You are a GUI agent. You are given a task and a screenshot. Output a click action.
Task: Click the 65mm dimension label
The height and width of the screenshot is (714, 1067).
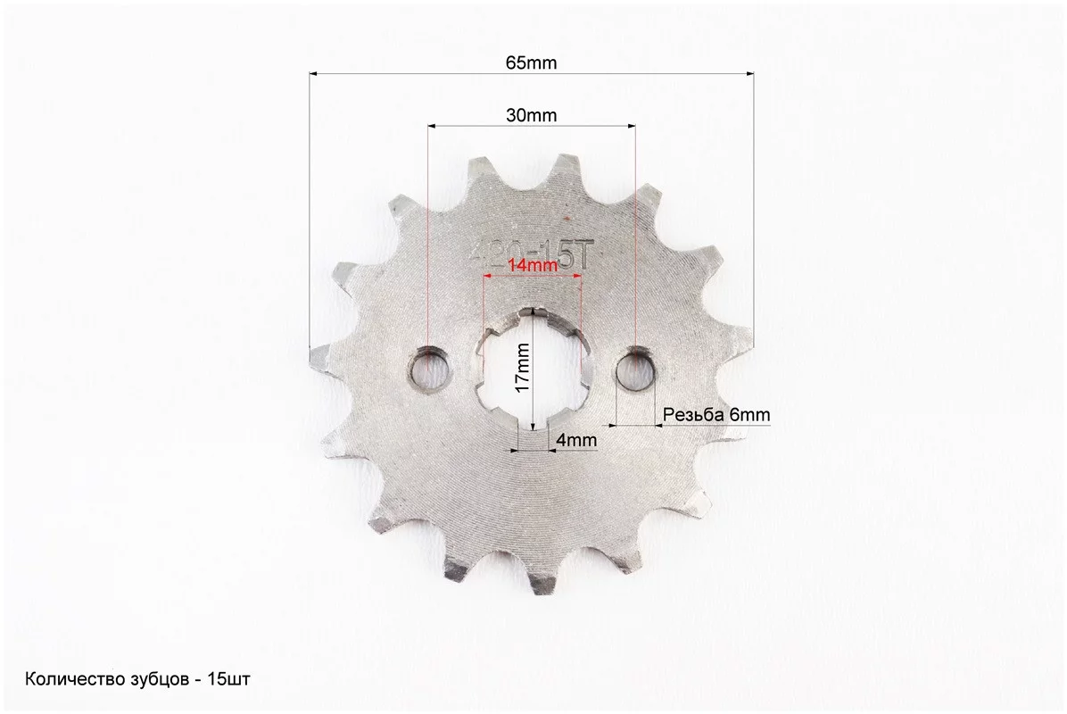pyautogui.click(x=531, y=62)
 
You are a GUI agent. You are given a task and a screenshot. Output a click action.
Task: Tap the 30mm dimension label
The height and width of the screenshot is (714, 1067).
pyautogui.click(x=531, y=115)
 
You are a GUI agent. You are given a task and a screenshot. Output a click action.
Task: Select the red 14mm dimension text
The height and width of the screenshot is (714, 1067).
pyautogui.click(x=533, y=265)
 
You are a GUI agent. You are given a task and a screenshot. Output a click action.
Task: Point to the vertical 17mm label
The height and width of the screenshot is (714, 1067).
pyautogui.click(x=523, y=367)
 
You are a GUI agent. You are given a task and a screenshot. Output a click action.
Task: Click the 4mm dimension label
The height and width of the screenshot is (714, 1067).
pyautogui.click(x=576, y=440)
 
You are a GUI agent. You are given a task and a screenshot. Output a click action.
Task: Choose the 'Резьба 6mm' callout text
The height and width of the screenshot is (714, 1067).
pyautogui.click(x=716, y=414)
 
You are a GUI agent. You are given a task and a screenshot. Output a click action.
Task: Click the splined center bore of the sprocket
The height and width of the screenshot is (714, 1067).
pyautogui.click(x=533, y=369)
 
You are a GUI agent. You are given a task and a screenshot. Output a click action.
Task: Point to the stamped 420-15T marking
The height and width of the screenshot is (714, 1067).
pyautogui.click(x=527, y=257)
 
